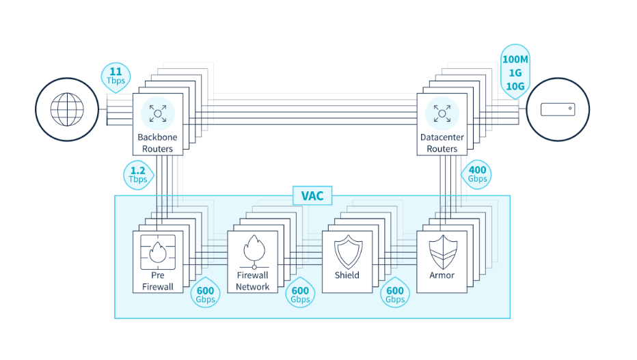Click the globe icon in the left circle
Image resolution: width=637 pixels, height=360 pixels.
point(67,109)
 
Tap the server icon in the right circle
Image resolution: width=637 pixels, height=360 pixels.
point(558,109)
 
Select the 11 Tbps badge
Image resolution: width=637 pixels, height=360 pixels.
point(116,77)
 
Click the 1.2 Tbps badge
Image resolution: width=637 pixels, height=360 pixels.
point(139,175)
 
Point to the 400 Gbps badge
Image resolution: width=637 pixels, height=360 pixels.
point(476,174)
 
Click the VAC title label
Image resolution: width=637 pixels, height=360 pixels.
point(312,195)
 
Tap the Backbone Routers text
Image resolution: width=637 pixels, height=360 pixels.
point(158,143)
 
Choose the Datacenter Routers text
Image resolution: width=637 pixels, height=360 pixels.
point(442,143)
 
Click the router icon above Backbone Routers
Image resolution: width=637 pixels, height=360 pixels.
point(158,113)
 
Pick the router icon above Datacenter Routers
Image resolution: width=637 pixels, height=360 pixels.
point(442,113)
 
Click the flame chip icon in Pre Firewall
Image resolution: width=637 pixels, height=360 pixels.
point(158,252)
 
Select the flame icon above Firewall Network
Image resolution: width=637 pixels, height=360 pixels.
point(254,251)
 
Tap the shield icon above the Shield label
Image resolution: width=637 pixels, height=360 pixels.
point(348,251)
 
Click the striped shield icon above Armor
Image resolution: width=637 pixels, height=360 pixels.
point(443,251)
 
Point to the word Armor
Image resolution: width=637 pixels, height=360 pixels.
point(442,275)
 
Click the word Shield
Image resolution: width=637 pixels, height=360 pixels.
point(347,275)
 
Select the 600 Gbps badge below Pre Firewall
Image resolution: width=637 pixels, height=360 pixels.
point(205,293)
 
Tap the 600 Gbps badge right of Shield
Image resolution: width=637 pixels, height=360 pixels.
point(395,293)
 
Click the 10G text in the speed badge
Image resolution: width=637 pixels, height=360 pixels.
point(515,87)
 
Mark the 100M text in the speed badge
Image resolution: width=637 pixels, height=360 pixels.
point(515,59)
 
